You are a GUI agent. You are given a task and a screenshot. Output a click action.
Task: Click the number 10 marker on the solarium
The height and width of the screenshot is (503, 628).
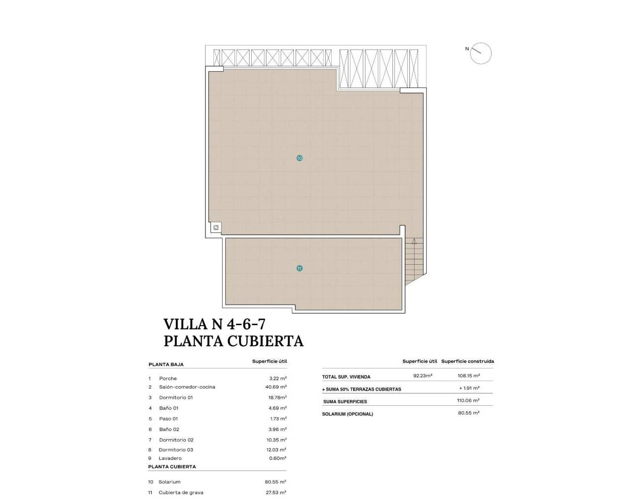coord(299,158)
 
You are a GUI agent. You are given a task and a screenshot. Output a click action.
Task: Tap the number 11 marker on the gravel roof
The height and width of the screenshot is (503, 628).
coord(299,268)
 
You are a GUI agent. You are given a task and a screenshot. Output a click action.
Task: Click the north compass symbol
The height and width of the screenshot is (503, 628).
coord(480,53)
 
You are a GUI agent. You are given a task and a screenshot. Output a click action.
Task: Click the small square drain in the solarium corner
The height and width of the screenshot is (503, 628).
coord(215,227)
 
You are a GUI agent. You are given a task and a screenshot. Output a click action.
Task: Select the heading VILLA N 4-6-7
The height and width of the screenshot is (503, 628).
coord(214,324)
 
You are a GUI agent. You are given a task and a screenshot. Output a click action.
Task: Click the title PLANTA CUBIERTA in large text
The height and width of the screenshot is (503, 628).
coord(234,341)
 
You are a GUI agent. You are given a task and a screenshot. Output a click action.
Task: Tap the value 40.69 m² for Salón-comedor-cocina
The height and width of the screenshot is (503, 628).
coord(276,387)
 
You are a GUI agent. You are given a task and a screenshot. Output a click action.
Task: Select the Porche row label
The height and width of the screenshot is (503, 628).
coord(168,378)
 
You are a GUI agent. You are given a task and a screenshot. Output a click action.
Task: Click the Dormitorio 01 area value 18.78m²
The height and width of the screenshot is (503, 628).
coord(277,397)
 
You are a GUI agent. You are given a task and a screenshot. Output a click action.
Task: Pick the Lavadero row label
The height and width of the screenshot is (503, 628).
coord(170,458)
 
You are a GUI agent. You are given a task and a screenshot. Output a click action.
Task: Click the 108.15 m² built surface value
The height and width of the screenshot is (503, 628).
coord(469,376)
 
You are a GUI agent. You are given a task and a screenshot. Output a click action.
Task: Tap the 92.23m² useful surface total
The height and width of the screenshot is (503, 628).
coord(422,376)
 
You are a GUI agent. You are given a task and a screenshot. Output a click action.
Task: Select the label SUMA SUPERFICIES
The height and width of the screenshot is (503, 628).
coord(345,402)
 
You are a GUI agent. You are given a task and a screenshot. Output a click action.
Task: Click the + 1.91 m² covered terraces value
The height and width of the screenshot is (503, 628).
coord(469,388)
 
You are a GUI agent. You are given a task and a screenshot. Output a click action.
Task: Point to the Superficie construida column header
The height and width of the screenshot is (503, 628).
coord(467,361)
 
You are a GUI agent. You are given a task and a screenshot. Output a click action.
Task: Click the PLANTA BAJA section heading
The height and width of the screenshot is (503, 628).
coord(166,364)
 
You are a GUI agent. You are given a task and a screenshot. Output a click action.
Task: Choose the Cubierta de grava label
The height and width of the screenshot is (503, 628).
coord(181,492)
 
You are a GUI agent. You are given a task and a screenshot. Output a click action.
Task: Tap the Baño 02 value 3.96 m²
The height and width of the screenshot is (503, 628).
coord(278,429)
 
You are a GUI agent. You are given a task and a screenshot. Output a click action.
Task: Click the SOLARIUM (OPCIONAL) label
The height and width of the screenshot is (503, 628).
coord(347,414)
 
